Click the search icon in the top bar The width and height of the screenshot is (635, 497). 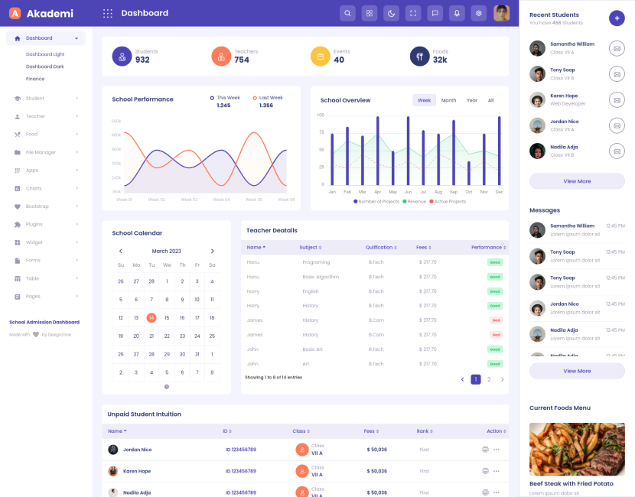pos(347,13)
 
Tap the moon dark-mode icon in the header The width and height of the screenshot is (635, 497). pos(391,13)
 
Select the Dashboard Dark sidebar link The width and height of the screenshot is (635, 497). pos(44,67)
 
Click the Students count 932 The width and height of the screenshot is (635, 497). pos(142,60)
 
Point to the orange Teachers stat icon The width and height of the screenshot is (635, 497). pos(221,56)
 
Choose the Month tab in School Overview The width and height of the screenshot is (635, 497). pos(448,100)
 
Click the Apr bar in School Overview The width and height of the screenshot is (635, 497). pos(377,151)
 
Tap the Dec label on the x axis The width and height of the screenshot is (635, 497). pos(500,192)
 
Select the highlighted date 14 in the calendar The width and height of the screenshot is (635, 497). pos(151,317)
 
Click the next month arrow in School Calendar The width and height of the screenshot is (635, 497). pos(213,251)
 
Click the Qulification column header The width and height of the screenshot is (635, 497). pos(380,247)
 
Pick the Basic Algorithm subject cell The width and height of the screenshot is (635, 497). pos(321,277)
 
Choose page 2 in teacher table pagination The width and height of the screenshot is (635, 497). pos(489,379)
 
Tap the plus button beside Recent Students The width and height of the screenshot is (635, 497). pos(617,18)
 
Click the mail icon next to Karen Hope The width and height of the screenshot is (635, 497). pos(617,99)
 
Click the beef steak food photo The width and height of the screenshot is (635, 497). pos(577,449)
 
